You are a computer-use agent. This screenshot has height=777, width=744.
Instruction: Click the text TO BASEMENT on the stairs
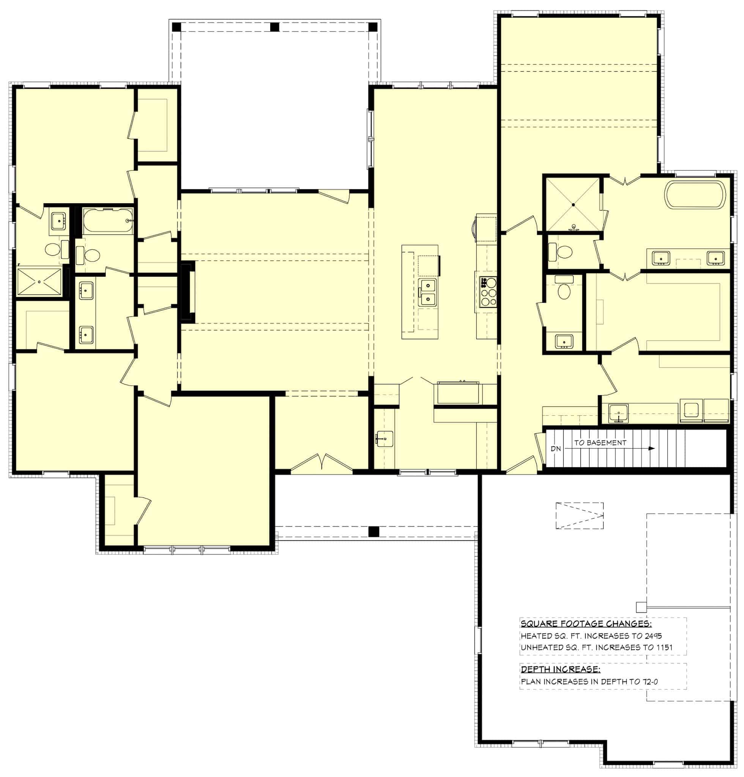point(600,443)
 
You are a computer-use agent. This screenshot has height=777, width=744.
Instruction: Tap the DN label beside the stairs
point(556,449)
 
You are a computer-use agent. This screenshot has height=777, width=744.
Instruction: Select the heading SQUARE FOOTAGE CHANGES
point(586,624)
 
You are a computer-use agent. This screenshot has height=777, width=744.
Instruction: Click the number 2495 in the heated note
point(653,636)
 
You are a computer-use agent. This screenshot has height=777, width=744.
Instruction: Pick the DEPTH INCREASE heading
point(560,670)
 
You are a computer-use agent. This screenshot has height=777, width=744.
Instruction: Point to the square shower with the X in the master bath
point(573,204)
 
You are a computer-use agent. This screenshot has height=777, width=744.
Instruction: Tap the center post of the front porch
point(373,532)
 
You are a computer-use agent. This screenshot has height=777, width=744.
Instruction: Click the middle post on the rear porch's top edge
point(274,27)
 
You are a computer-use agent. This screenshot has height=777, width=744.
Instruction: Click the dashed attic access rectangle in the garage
point(579,515)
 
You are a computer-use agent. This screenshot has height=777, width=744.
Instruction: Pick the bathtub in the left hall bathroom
point(107,220)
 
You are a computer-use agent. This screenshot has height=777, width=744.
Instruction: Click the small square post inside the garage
point(640,607)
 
